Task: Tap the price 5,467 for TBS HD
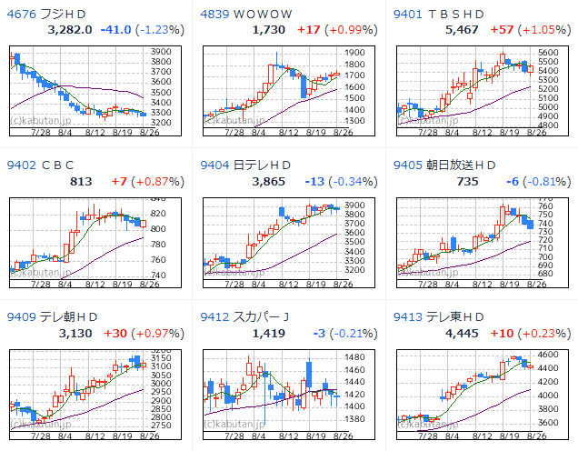point(460,30)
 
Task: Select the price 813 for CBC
point(81,181)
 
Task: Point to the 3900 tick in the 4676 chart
point(162,51)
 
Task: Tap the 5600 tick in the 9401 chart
point(547,53)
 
